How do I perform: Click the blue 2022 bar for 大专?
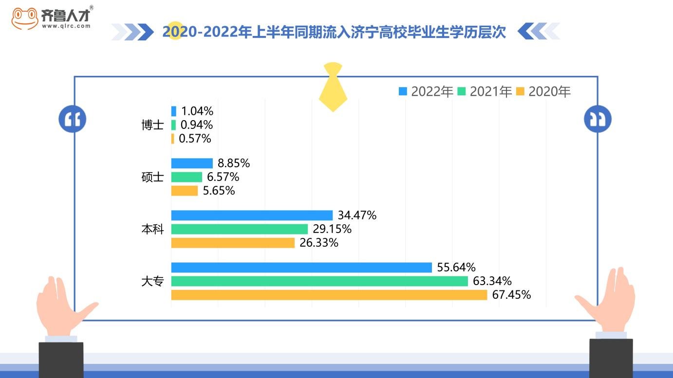pos(301,268)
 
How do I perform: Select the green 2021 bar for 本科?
pos(240,229)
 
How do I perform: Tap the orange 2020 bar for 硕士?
pos(185,191)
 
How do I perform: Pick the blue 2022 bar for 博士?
pos(174,111)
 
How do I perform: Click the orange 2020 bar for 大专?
pos(329,295)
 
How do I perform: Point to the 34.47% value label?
pos(357,216)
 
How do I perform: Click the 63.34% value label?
pos(492,281)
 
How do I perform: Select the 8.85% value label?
pos(234,163)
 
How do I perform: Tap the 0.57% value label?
pos(195,139)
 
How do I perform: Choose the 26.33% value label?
pos(319,243)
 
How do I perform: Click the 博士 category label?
pos(152,125)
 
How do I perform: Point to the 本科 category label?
pos(152,229)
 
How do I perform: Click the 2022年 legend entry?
pos(426,91)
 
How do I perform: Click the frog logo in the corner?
pos(25,18)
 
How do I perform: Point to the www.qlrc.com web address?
pos(66,26)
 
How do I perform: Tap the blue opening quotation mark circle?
pos(73,119)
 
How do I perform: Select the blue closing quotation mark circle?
pos(598,119)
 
